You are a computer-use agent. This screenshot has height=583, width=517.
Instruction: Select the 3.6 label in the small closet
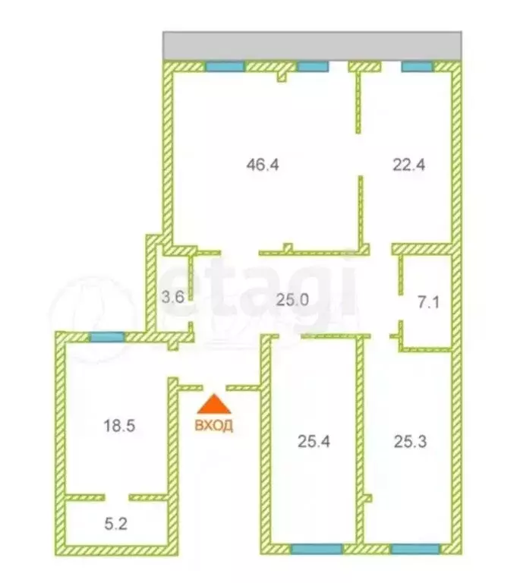tap(174, 298)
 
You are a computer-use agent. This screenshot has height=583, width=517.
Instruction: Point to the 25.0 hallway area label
tap(293, 298)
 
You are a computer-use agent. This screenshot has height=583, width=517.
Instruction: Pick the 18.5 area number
tap(119, 427)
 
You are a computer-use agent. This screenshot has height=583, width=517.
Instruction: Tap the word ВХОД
tap(214, 426)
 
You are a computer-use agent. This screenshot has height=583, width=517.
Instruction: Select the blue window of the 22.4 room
tap(417, 67)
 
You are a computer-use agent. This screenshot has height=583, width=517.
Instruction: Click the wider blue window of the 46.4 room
tap(225, 67)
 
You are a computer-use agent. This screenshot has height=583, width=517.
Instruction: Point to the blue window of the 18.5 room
tap(107, 337)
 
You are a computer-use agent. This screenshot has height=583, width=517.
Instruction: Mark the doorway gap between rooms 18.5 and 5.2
tap(116, 497)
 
